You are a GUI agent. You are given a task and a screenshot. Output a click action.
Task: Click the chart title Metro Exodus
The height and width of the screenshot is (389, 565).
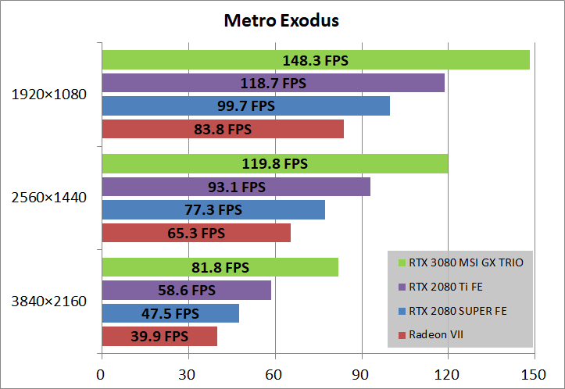click(x=281, y=20)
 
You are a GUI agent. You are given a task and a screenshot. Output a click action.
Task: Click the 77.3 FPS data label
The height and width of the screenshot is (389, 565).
click(x=213, y=209)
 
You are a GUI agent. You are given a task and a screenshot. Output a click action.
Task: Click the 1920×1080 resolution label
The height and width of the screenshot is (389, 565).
click(x=49, y=95)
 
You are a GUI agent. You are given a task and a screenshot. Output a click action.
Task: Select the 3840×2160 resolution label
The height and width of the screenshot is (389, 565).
click(x=49, y=302)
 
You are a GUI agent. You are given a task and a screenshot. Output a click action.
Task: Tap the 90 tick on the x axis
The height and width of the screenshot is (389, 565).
click(x=361, y=374)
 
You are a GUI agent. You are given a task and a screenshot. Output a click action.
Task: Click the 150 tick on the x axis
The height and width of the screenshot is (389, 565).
click(x=534, y=374)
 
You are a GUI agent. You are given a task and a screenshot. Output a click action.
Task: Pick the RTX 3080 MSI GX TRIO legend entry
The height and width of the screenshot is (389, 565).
click(x=460, y=262)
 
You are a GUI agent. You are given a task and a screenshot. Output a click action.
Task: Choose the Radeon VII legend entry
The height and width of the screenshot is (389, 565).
click(x=430, y=335)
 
